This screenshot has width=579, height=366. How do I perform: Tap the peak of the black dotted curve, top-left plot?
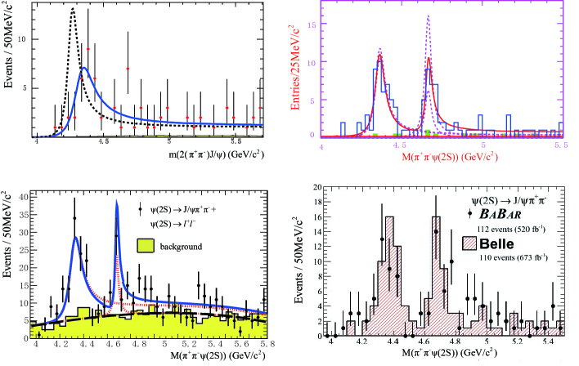click(73, 10)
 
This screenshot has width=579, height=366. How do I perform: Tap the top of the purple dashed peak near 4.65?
click(429, 16)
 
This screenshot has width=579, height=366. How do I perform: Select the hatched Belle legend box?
click(474, 243)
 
